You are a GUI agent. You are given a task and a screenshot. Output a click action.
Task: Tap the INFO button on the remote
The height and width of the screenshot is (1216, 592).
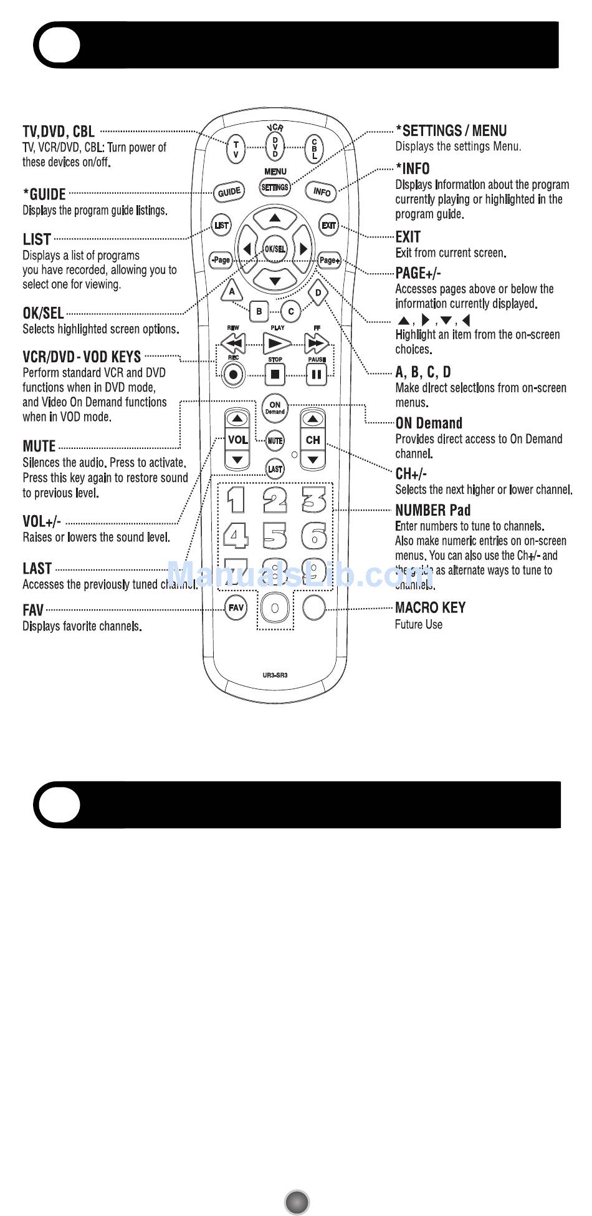(322, 191)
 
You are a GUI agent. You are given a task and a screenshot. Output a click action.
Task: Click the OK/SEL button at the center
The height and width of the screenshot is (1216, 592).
(275, 249)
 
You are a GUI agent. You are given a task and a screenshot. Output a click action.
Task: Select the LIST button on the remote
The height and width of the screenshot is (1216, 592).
(221, 225)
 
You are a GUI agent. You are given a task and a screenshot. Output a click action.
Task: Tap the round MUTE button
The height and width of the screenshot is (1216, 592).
(275, 440)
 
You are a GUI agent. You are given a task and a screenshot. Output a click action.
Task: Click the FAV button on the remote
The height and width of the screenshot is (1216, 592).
(236, 607)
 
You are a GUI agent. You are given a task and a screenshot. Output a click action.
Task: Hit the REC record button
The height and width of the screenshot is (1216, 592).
(233, 375)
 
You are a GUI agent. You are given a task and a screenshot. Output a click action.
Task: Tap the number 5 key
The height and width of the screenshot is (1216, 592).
(275, 535)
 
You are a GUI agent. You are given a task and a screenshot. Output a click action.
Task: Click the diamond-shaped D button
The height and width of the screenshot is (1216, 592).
(318, 292)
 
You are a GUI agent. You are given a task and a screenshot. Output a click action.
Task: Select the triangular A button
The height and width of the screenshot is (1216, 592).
(232, 291)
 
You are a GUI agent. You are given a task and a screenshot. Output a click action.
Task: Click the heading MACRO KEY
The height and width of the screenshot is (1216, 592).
(430, 607)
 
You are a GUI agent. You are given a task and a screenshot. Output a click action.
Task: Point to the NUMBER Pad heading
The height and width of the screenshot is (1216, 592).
(432, 510)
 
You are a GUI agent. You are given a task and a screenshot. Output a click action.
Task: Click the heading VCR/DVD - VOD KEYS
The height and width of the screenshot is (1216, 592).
(82, 357)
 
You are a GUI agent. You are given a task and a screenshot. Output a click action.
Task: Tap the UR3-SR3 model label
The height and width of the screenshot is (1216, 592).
(275, 675)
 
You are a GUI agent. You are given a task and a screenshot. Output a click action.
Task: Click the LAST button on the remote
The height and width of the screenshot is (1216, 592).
(275, 469)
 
